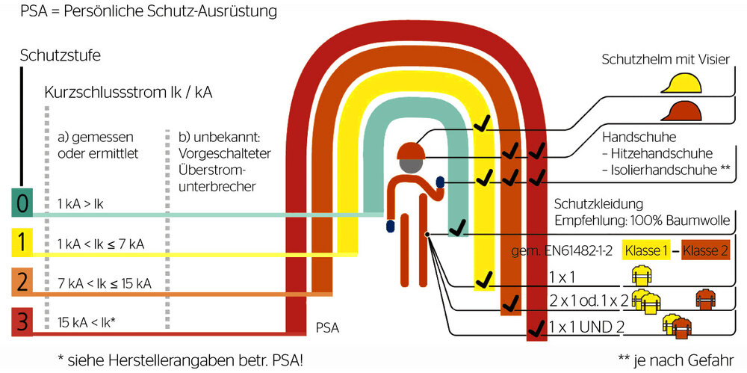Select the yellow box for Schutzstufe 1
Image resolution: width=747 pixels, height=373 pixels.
(21, 244)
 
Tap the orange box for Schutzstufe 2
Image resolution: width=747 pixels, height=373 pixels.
(21, 283)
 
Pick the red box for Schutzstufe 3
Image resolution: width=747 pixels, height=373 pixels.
(21, 323)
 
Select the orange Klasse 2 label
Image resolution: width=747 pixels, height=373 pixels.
(706, 250)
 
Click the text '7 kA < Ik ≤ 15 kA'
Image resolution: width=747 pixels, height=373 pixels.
(105, 283)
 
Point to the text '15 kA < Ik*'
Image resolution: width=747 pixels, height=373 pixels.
(88, 323)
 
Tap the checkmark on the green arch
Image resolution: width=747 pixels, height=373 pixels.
(458, 226)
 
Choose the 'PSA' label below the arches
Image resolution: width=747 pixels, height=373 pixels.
(328, 327)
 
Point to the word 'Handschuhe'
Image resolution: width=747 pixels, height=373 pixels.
(639, 138)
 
